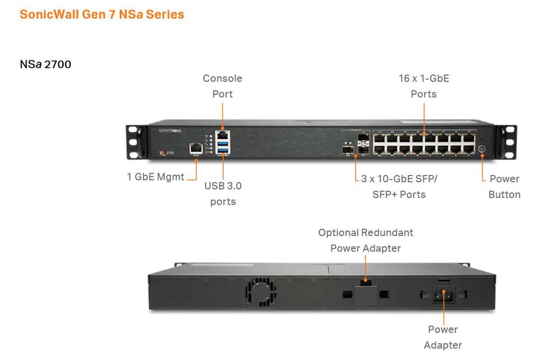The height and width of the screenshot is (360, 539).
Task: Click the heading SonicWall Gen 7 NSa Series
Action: tap(102, 15)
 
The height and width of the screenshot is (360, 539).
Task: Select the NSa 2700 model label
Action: tap(45, 65)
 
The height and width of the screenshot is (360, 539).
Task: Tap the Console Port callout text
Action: tap(222, 86)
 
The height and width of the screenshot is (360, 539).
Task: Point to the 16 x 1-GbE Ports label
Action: tap(424, 86)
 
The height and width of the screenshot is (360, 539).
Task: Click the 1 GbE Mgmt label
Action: tap(155, 176)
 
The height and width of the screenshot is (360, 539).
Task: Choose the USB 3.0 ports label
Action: tap(223, 194)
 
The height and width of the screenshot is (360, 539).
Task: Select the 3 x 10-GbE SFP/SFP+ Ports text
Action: tap(399, 186)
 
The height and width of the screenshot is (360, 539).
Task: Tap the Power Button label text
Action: tap(504, 186)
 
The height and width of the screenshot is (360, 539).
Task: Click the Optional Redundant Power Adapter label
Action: tap(365, 240)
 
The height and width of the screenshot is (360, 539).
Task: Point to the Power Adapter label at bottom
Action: tap(443, 337)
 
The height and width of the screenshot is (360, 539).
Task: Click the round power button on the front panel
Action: tap(482, 150)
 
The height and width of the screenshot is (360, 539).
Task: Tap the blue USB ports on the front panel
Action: tap(222, 147)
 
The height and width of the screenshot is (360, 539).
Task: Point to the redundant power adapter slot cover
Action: tap(365, 294)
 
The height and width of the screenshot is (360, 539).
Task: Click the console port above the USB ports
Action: tap(222, 134)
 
